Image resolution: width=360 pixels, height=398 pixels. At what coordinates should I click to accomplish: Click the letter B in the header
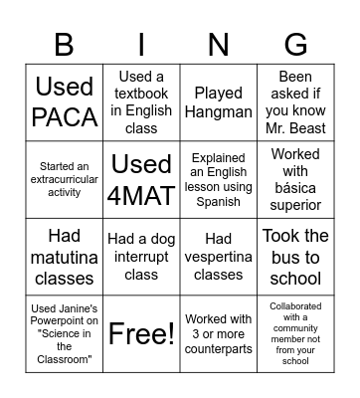tap(65, 45)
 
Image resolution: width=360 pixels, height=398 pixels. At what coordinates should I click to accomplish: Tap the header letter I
tap(141, 45)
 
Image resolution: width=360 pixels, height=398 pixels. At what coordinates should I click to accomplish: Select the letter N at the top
tap(218, 45)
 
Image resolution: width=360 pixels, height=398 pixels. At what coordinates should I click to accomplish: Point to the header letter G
tap(295, 45)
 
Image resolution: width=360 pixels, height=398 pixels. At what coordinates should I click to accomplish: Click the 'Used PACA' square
tap(65, 102)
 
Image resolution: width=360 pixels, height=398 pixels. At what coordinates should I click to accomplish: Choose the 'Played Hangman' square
tap(218, 102)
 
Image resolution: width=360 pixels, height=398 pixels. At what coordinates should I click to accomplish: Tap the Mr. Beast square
tap(295, 102)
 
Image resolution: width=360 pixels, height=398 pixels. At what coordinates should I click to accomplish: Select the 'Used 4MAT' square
tap(141, 179)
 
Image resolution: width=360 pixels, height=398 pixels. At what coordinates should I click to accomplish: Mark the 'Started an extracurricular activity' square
tap(65, 179)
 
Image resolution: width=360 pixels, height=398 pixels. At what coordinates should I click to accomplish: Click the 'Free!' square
tap(141, 332)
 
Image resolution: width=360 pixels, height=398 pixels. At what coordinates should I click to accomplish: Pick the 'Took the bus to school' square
tap(295, 256)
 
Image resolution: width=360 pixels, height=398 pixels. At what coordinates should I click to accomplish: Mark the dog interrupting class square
tap(141, 256)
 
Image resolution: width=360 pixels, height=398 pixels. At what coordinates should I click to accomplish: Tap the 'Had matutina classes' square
tap(65, 256)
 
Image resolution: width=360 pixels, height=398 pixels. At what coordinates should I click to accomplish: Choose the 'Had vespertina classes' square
tap(218, 256)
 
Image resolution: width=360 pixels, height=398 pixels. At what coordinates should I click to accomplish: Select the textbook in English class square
tap(141, 102)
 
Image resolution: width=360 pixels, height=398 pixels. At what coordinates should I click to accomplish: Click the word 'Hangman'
tap(218, 112)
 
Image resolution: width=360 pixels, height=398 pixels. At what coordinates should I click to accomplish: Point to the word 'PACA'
tap(65, 117)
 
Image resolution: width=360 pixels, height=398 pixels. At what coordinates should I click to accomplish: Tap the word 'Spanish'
tap(218, 201)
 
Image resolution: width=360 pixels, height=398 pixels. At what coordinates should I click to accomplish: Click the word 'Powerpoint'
tap(65, 319)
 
